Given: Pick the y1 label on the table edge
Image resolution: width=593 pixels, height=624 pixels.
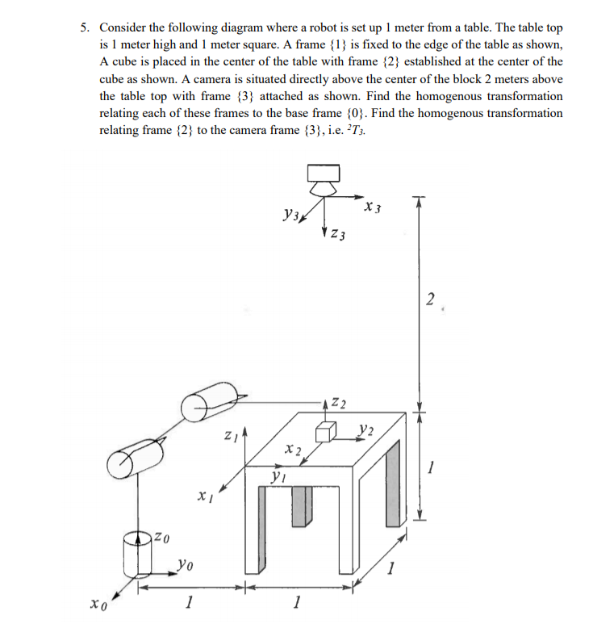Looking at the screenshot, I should (278, 478).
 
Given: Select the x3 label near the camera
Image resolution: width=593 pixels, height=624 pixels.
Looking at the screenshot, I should (372, 208).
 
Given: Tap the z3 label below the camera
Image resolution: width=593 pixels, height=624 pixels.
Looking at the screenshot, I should (339, 236).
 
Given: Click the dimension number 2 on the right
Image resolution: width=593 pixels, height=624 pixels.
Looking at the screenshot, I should (432, 300).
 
